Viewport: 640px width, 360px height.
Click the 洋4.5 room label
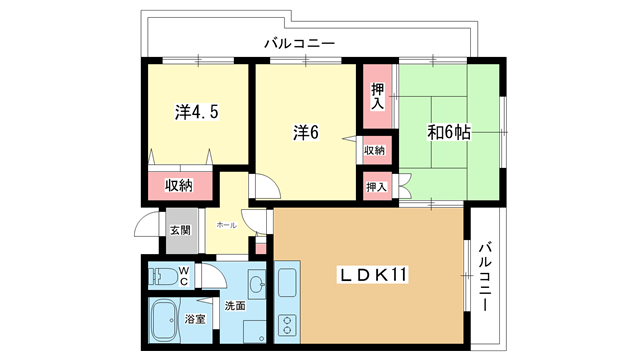coord(197,112)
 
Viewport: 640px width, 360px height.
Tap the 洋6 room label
coord(306,132)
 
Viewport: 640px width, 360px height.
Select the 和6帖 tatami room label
coord(449,132)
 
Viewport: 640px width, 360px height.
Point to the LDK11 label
coord(373,275)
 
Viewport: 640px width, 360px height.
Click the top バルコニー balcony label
coord(300,43)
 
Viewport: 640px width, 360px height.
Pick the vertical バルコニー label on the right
coord(484,276)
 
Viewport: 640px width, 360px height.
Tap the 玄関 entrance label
coord(180,231)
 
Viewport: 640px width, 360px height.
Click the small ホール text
coord(227,225)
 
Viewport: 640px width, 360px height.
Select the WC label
coord(184,276)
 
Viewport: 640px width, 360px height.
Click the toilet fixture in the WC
coord(163,276)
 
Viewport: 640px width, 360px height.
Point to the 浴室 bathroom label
coord(195,319)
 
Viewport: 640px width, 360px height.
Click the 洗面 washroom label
coord(235,305)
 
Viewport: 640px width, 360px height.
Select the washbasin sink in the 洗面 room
coord(257,284)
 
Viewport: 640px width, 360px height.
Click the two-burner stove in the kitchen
coord(287,325)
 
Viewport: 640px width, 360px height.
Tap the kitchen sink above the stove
coord(287,282)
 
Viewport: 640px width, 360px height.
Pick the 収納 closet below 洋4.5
coord(180,186)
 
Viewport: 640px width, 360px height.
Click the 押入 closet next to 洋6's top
coord(377,96)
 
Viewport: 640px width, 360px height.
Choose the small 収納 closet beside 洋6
coord(374,150)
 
